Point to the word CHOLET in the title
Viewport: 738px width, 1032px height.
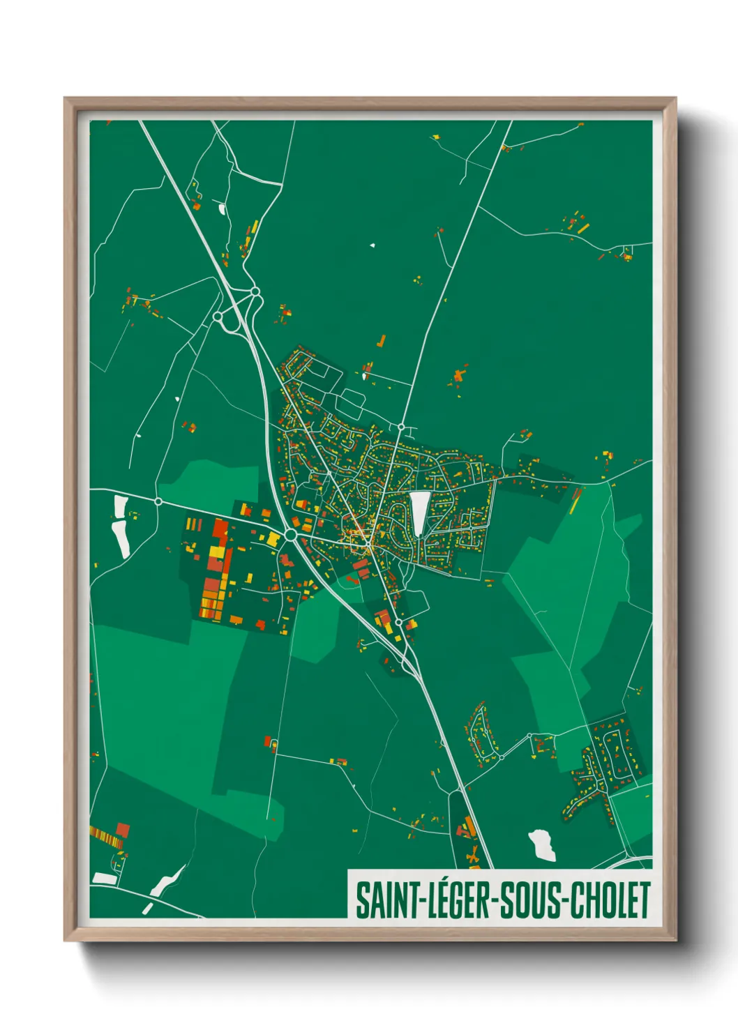(610, 900)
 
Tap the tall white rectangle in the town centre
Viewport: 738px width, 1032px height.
(419, 514)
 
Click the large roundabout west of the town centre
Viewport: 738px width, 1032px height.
(290, 535)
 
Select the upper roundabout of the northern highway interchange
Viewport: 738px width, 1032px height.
(255, 291)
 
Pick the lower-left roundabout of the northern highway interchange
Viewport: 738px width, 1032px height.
(218, 317)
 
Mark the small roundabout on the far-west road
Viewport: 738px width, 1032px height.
(158, 501)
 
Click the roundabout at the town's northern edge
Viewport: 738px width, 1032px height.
(401, 427)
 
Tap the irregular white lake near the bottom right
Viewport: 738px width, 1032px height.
(542, 844)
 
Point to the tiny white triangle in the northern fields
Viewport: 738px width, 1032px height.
(372, 245)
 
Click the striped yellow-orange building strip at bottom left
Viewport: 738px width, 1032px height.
(106, 836)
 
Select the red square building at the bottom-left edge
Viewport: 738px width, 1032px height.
(123, 830)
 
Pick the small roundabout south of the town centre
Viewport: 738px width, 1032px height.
(398, 622)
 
